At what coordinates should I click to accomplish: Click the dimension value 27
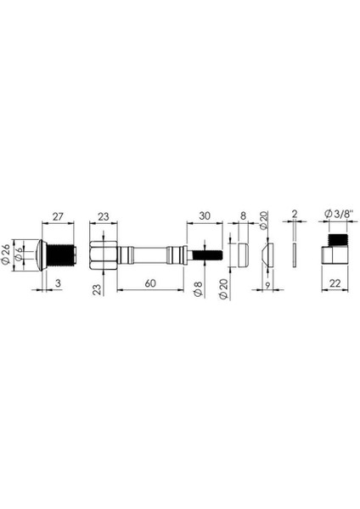pos(58,216)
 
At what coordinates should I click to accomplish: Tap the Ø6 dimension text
pos(20,255)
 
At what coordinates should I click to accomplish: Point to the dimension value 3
pos(58,283)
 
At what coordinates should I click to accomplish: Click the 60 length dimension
pos(150,283)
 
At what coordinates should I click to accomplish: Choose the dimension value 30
pos(205,215)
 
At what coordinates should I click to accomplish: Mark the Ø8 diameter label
pos(198,289)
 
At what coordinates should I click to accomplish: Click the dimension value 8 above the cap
pos(243,215)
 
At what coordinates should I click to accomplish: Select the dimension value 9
pos(267,286)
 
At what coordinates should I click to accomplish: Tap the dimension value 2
pos(295,215)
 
